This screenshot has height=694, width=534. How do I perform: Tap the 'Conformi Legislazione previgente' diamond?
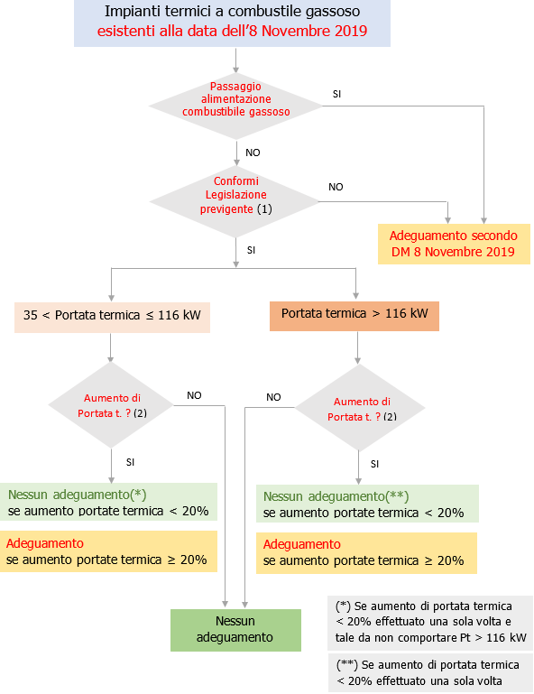[236, 196]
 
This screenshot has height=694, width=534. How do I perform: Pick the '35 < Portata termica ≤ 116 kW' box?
[112, 316]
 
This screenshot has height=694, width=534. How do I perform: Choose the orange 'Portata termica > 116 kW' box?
[354, 315]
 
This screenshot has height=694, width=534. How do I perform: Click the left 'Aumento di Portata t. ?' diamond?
[112, 404]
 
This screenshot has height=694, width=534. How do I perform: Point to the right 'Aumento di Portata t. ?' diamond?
[361, 409]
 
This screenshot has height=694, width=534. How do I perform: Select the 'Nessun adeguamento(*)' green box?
[108, 503]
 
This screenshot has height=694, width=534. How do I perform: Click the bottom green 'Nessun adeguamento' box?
[235, 629]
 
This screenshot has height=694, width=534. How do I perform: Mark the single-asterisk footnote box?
[429, 622]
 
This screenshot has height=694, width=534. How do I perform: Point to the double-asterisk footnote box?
[429, 671]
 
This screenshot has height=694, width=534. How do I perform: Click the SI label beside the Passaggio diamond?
[336, 93]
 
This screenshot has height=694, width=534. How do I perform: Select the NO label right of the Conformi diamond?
[336, 187]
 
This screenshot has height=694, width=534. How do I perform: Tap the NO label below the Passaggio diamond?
[253, 153]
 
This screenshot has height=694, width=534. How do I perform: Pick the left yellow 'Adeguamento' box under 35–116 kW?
[108, 551]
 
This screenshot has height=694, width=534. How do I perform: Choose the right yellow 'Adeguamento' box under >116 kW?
[367, 552]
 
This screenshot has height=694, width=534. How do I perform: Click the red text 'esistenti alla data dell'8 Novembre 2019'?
[233, 32]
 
